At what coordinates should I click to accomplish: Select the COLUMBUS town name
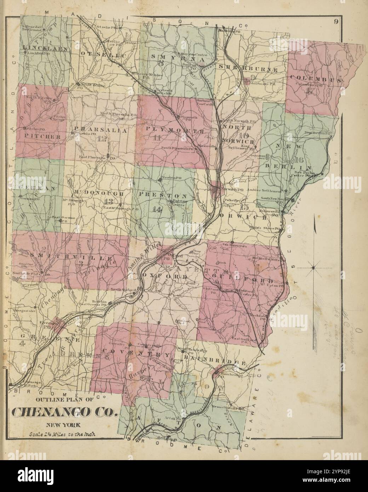316,78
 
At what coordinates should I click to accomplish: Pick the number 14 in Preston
156,209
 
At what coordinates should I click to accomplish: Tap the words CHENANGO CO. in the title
64,412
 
